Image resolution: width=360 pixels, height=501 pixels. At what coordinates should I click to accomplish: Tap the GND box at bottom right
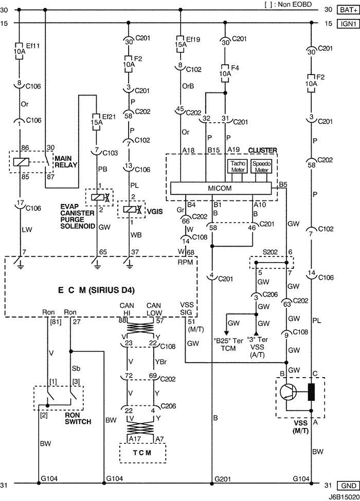(x=346, y=486)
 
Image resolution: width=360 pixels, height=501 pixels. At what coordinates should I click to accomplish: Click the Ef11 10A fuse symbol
(x=19, y=51)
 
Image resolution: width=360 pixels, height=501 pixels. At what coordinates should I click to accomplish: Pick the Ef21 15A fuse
(x=95, y=123)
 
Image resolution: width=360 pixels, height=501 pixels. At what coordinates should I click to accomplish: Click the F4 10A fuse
(x=225, y=73)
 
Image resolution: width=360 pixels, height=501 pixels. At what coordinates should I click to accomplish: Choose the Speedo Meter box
(x=262, y=167)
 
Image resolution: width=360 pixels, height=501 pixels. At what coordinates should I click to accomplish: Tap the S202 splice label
(x=271, y=252)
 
